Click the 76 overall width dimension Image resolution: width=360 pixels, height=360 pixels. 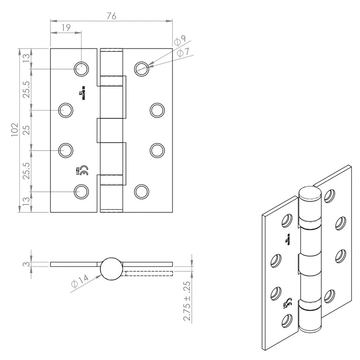111,16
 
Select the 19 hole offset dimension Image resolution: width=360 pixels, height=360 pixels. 65,27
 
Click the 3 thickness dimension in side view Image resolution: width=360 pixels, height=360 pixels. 27,264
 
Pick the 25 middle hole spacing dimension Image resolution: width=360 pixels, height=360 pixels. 26,130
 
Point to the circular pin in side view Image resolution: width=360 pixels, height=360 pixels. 110,269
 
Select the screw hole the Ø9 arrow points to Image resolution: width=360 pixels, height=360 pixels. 142,68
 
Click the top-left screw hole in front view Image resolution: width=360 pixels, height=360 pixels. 81,68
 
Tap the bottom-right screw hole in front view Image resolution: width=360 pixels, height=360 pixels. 141,191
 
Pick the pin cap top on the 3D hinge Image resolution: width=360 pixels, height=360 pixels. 310,194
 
